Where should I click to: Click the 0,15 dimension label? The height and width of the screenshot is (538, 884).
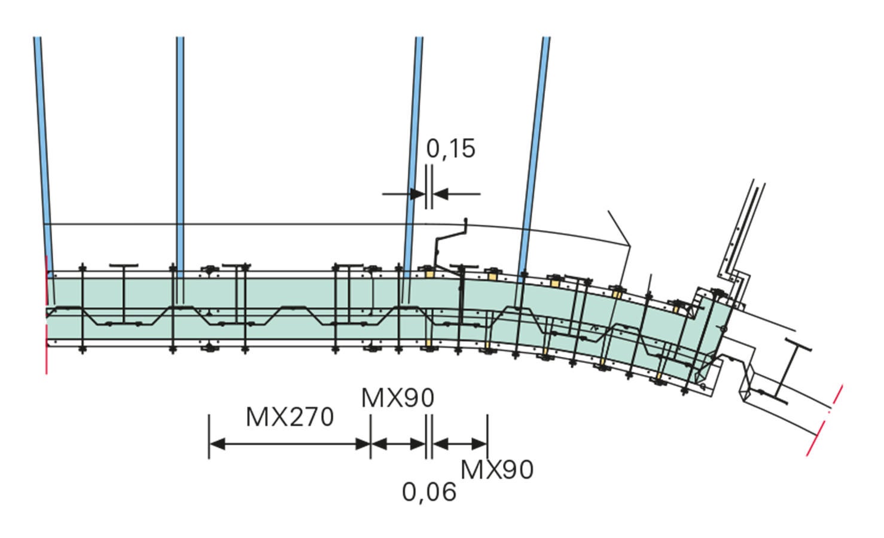coord(451,149)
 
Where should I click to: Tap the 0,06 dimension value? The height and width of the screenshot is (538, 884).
coord(429,492)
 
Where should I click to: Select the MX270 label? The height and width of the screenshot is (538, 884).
coord(289,417)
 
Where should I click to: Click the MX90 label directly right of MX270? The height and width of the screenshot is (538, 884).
coord(398,398)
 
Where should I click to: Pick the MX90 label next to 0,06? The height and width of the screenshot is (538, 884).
coord(497,470)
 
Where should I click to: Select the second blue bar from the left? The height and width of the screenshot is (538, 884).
coord(180,158)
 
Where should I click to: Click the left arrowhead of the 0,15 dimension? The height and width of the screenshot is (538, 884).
coord(417,194)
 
